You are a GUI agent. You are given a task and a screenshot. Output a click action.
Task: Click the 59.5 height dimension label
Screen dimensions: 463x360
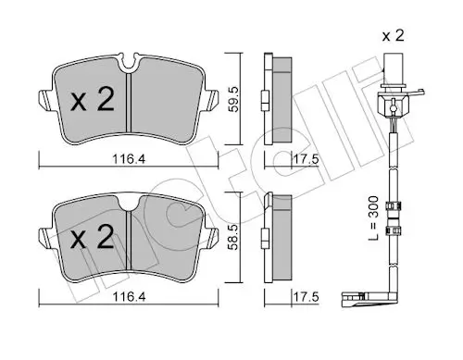[233, 99]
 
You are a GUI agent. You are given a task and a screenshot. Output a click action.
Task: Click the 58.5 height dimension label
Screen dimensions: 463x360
[233, 237]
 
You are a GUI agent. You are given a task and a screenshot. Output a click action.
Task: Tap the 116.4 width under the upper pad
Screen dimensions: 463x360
[129, 159]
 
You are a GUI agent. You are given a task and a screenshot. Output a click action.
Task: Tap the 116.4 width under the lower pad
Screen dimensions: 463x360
[129, 297]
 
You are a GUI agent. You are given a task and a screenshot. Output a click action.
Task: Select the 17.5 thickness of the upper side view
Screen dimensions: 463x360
[305, 159]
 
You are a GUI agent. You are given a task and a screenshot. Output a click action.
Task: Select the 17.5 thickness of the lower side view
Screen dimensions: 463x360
[305, 297]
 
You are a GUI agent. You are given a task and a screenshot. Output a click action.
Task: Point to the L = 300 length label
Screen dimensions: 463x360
[373, 218]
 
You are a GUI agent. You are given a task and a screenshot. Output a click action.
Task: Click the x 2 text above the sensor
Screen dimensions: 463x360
[393, 36]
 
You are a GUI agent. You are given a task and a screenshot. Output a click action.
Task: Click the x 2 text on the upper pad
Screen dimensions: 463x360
[93, 99]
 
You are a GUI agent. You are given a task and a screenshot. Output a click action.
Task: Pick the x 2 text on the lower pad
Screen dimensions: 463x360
[93, 237]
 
